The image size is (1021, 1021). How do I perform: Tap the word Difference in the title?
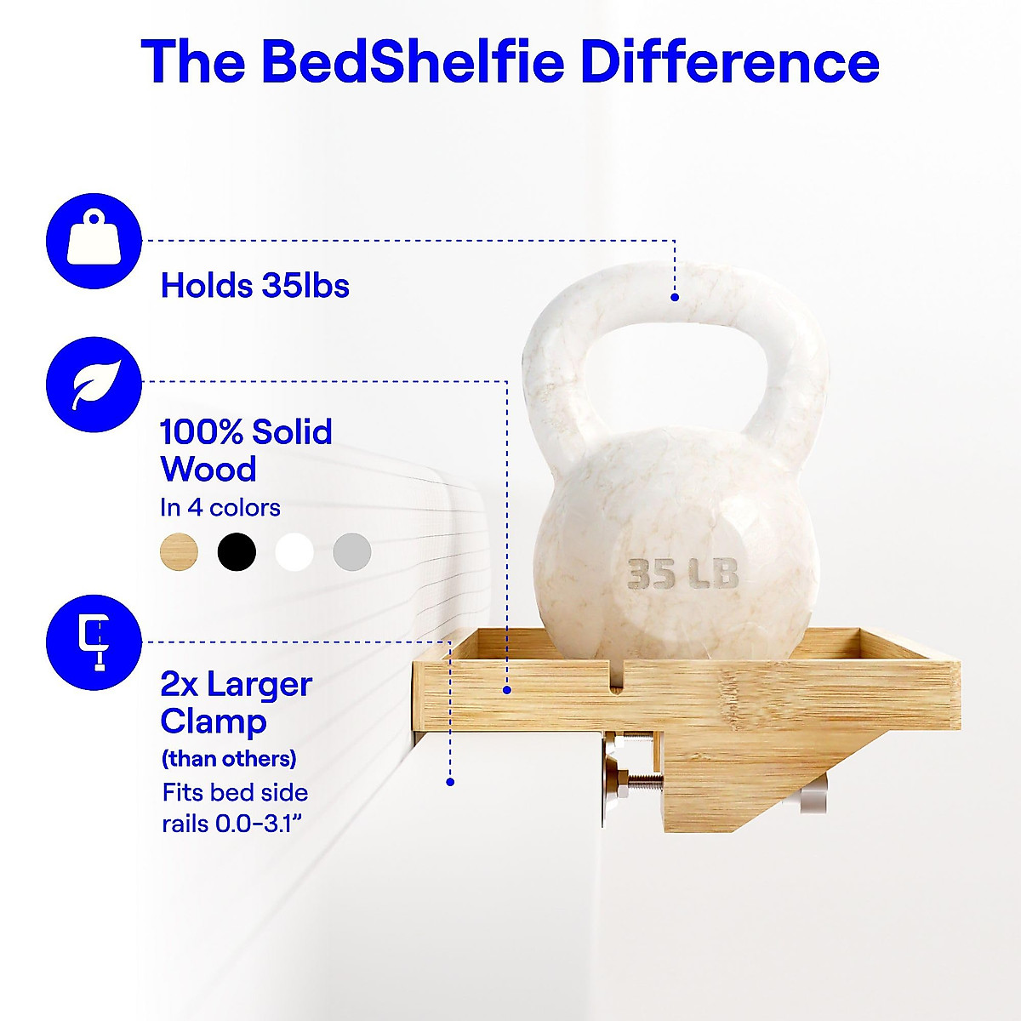[730, 62]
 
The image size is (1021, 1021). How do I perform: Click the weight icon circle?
[94, 241]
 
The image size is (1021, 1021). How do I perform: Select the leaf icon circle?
[94, 385]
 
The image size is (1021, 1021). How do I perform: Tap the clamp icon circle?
[94, 642]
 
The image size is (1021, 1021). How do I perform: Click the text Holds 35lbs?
[255, 286]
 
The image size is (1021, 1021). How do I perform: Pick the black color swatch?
[237, 551]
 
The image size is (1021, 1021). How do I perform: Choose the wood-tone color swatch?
[179, 551]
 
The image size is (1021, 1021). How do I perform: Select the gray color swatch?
[351, 551]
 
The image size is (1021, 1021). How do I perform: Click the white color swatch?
[294, 551]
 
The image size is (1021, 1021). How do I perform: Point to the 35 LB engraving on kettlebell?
[682, 573]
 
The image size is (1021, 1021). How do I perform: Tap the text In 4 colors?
[220, 508]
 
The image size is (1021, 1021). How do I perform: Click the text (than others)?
[229, 759]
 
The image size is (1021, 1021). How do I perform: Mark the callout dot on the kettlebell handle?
[675, 298]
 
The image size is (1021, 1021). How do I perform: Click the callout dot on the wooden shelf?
[507, 690]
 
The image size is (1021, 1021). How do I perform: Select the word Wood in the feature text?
[208, 469]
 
